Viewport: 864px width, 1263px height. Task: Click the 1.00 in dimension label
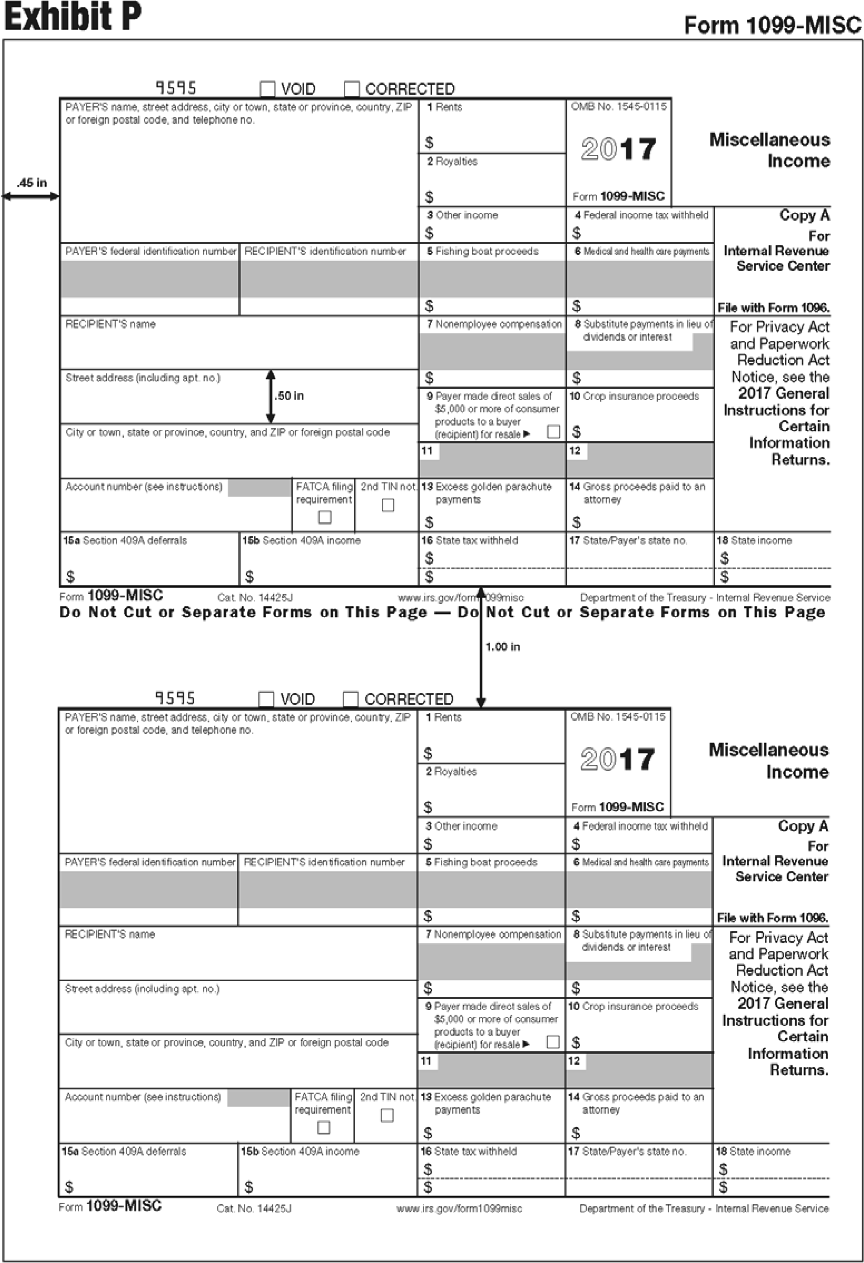point(503,647)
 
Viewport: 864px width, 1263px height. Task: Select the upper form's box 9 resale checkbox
point(553,432)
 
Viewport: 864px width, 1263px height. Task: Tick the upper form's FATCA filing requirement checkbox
point(324,517)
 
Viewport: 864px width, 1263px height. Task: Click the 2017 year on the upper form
point(618,150)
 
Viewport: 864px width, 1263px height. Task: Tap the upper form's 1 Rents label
point(444,107)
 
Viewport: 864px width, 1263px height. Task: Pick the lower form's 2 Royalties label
point(451,772)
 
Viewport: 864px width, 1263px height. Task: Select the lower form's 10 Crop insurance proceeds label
point(633,1007)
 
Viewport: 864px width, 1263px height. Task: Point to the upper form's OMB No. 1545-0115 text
point(618,107)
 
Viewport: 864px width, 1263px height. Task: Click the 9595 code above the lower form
point(175,698)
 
